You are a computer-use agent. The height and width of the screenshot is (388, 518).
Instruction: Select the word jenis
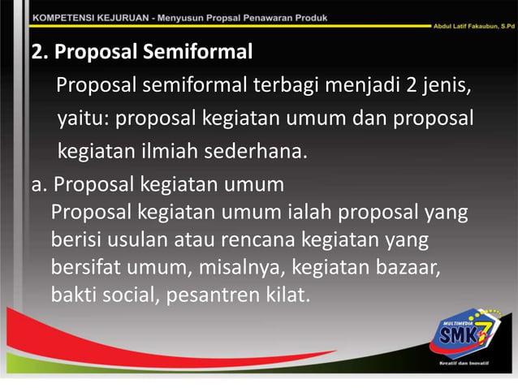[446, 86]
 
